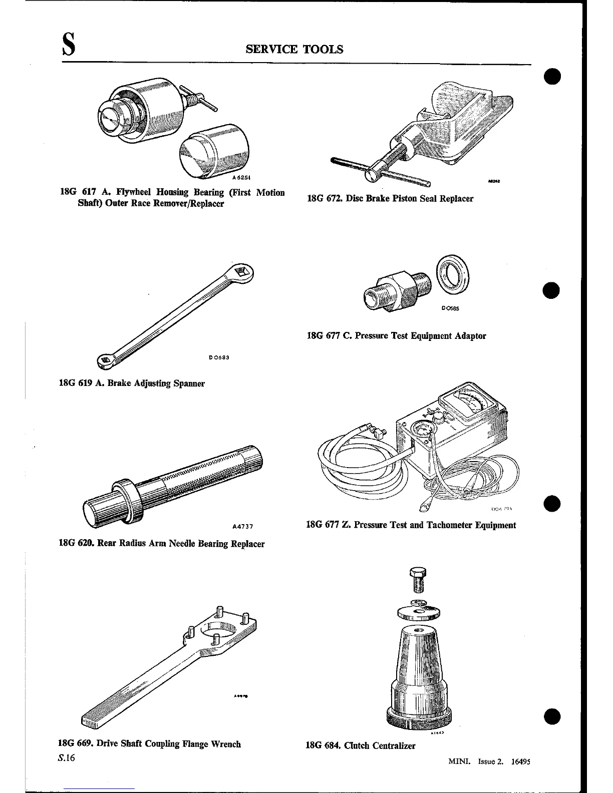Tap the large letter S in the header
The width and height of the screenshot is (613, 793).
69,46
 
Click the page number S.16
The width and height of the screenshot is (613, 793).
66,758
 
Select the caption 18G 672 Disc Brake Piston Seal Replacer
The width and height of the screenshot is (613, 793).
390,199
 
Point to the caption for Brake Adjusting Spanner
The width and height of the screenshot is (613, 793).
132,383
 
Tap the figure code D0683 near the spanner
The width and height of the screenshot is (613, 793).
219,357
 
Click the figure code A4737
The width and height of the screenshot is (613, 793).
243,526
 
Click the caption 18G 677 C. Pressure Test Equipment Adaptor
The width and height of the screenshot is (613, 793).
396,336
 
